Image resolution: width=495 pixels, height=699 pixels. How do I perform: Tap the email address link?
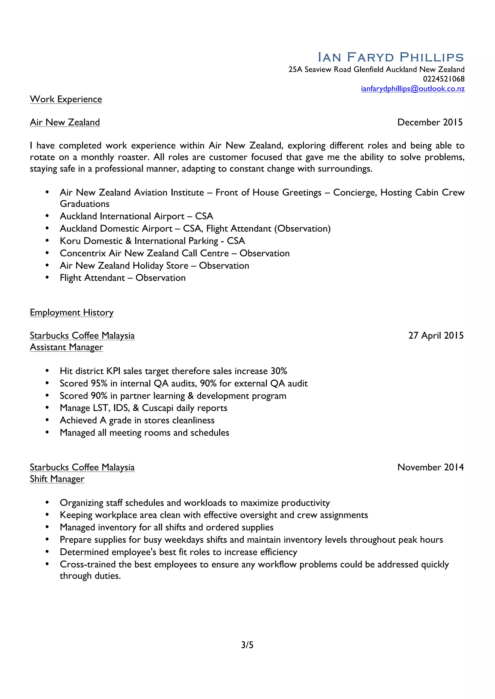(413, 89)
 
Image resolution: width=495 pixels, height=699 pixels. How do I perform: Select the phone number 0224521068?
(444, 79)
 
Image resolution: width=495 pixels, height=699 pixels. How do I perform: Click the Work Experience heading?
(66, 99)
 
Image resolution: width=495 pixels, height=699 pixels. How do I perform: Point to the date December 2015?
(430, 122)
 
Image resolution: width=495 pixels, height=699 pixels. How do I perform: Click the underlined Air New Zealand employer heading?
(65, 122)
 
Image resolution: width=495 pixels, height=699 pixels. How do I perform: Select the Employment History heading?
(72, 312)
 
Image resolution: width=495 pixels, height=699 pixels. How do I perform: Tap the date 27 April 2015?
(436, 336)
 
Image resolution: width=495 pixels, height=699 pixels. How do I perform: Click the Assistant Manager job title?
(66, 347)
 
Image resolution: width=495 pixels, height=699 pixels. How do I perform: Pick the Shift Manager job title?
(57, 479)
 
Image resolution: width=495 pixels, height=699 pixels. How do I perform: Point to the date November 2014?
(430, 467)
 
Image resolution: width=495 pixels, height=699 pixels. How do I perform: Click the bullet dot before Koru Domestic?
(47, 241)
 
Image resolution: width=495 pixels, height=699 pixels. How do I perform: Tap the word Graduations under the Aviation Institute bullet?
(84, 204)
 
